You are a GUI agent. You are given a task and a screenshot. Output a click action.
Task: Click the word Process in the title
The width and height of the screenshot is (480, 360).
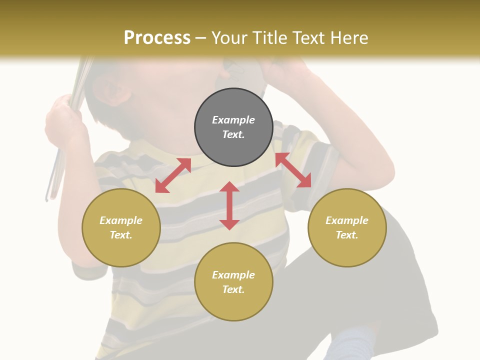coord(157,38)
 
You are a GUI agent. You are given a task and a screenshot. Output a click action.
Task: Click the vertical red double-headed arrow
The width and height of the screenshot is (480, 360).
coord(229,205)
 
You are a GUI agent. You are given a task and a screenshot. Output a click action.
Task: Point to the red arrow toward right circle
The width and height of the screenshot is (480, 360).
coord(293,170)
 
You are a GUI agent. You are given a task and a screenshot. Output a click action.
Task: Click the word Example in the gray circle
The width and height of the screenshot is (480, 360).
coord(233,120)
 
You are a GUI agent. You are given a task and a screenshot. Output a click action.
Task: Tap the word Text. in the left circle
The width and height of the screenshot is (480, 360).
coord(121,235)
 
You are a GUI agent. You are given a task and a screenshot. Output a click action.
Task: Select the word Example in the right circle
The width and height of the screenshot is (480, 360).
coord(347,220)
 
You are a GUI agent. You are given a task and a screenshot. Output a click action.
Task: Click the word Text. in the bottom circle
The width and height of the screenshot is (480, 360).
coord(233,289)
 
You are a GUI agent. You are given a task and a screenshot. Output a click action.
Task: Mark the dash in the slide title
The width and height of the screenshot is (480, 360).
coord(201,38)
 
